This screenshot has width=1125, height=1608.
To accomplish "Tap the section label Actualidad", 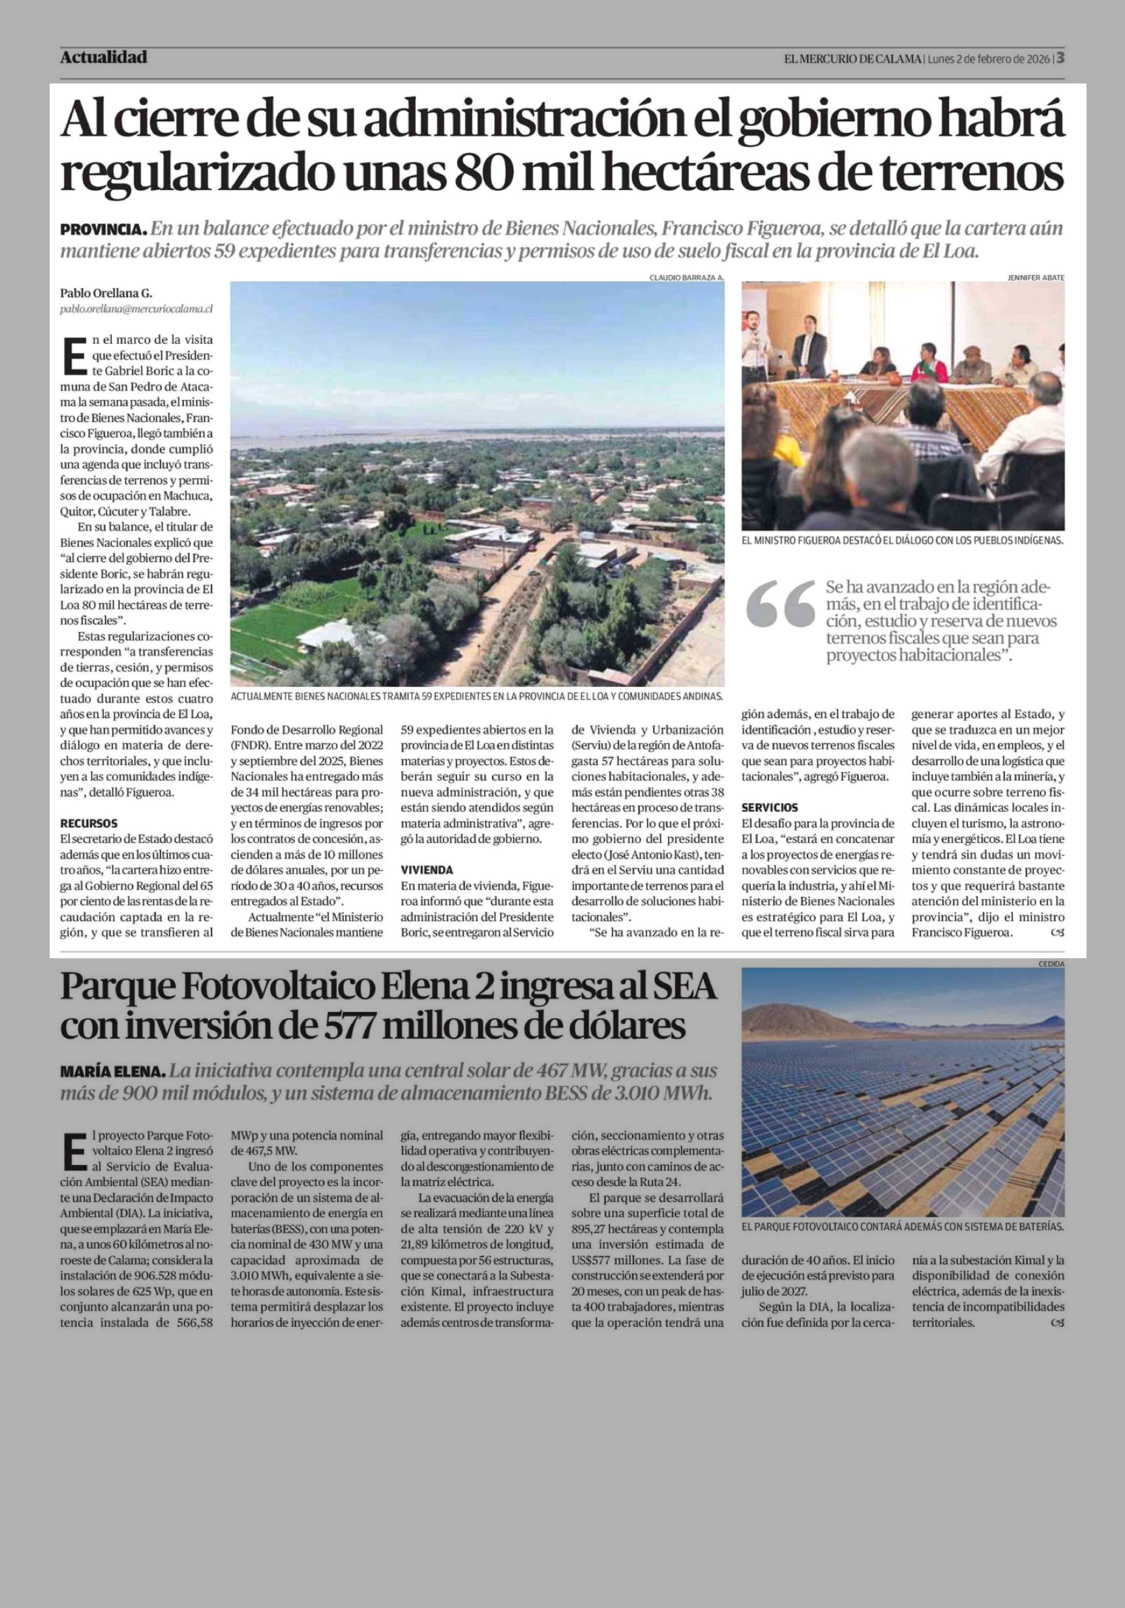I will (x=104, y=57).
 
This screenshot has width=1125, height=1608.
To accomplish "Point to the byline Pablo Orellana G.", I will (x=106, y=293).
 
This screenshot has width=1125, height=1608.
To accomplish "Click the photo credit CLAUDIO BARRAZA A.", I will (x=686, y=277).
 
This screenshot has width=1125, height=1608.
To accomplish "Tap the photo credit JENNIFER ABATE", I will (x=1035, y=277).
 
